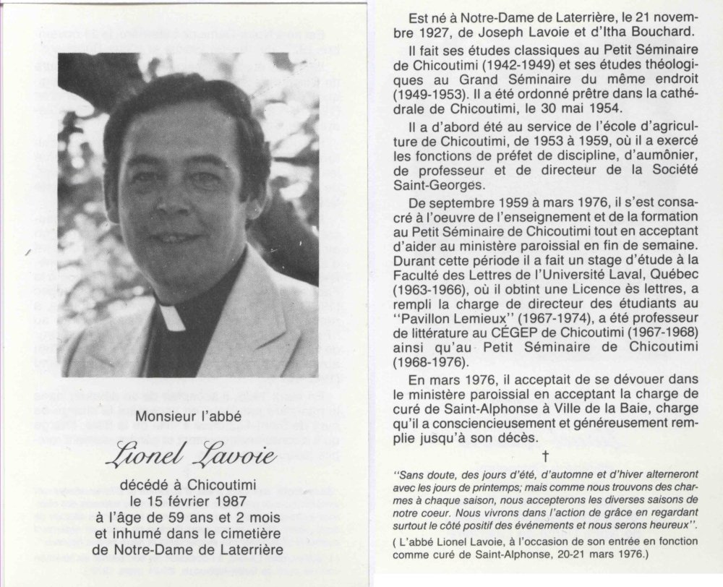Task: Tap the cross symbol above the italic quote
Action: (545, 456)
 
